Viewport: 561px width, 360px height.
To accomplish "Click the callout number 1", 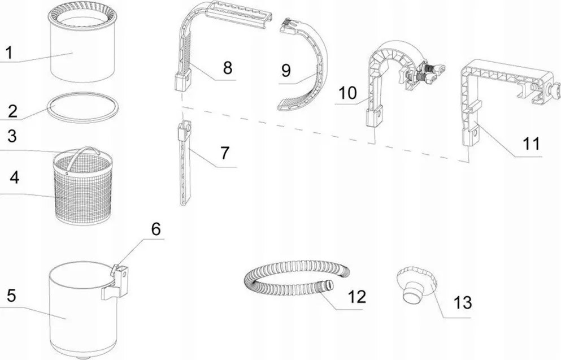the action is (x=9, y=53).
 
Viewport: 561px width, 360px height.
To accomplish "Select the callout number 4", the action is (x=14, y=177).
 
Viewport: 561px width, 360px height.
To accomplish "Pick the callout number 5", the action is (x=12, y=296).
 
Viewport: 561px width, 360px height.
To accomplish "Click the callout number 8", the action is (x=228, y=68).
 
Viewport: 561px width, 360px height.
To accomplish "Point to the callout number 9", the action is (x=286, y=71).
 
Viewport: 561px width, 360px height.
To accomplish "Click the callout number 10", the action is (x=347, y=93).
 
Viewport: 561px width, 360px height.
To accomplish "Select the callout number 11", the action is (x=531, y=144).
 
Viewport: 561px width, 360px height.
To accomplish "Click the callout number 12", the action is (x=357, y=297).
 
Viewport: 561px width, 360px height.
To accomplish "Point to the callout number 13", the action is (x=463, y=302).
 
